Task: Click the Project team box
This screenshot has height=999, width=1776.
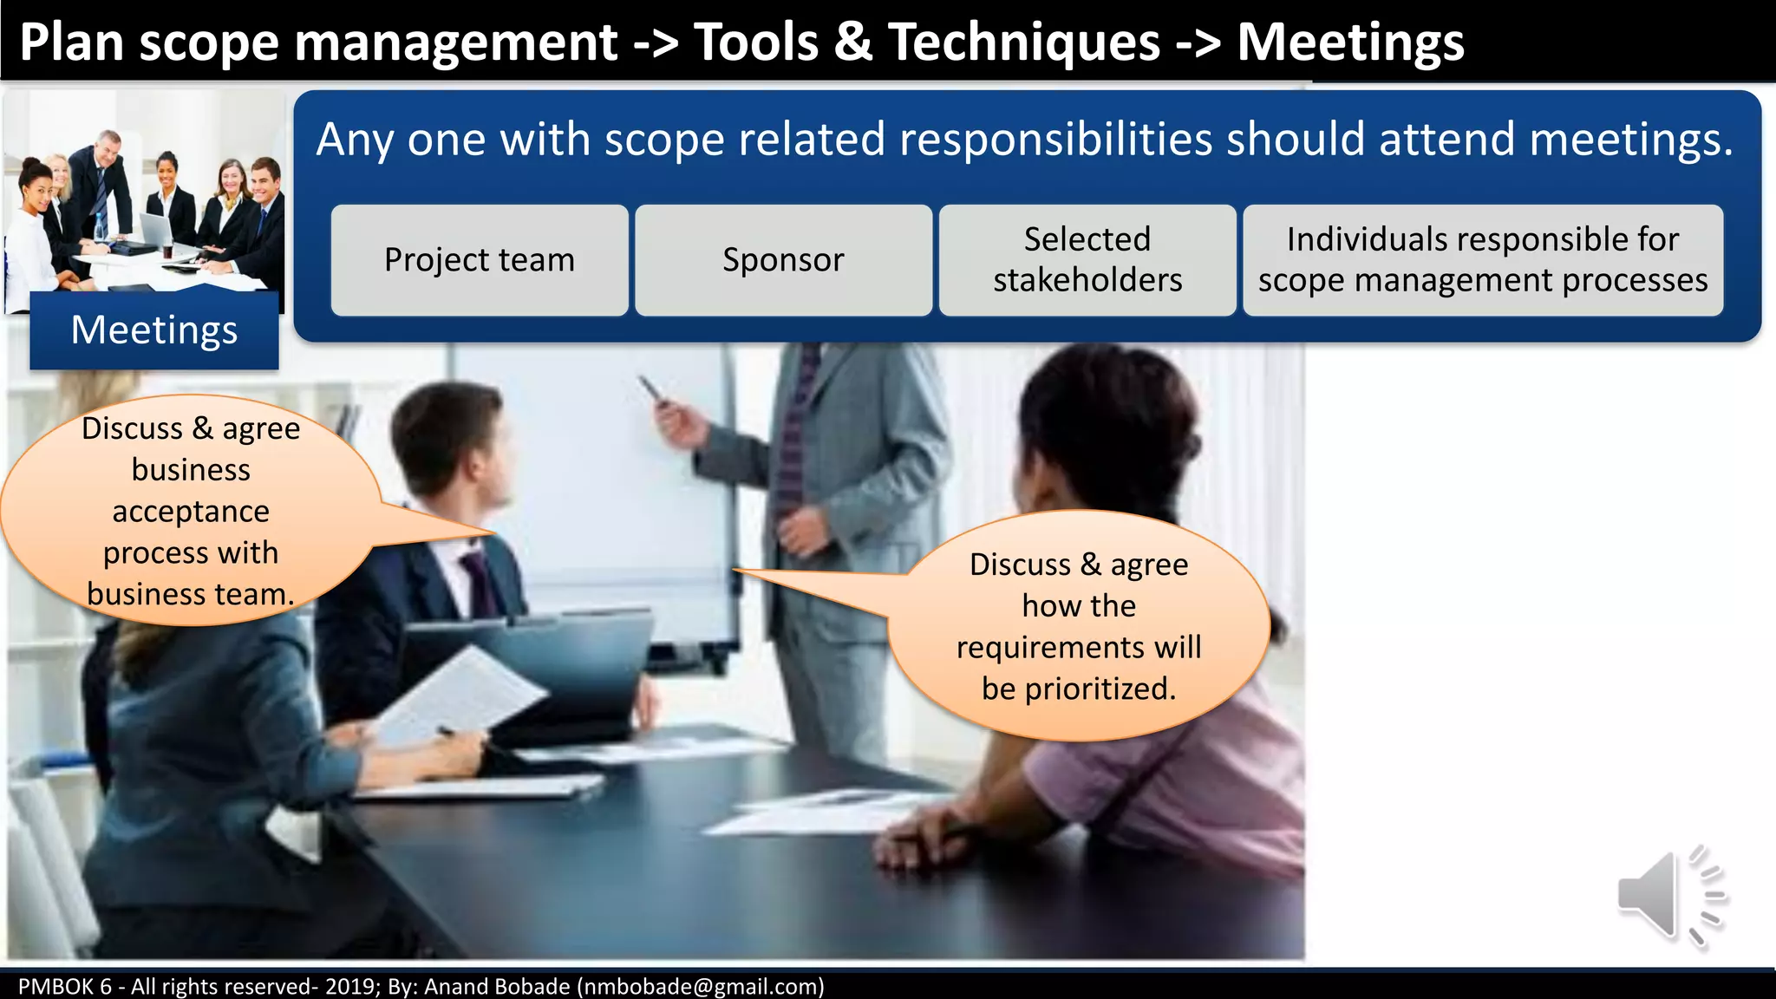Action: [480, 260]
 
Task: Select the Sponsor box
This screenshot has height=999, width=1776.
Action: [783, 260]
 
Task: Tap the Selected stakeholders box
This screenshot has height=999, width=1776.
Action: [1087, 260]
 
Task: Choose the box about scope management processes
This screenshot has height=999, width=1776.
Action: [1483, 260]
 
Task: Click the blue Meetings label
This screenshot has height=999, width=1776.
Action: [154, 330]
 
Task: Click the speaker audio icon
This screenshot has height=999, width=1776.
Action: [1668, 897]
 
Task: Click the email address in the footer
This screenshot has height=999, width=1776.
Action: [701, 987]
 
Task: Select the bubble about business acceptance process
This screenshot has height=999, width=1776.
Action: [191, 511]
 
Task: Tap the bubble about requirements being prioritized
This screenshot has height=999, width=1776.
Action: [1079, 626]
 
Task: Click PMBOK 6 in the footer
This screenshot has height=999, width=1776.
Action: [64, 987]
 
